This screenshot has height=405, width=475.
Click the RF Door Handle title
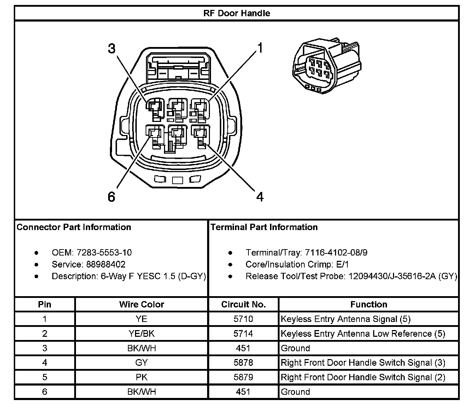pyautogui.click(x=237, y=13)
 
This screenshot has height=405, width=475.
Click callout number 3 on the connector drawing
pyautogui.click(x=112, y=49)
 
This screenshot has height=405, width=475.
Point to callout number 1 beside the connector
pyautogui.click(x=260, y=48)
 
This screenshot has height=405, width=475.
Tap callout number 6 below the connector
pyautogui.click(x=111, y=197)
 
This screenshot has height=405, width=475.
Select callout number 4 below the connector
pyautogui.click(x=260, y=196)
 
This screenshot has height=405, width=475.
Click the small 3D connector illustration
pyautogui.click(x=327, y=67)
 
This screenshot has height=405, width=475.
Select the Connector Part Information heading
pyautogui.click(x=74, y=227)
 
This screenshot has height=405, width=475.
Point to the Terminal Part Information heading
pyautogui.click(x=264, y=227)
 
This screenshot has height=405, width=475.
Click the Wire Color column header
pyautogui.click(x=141, y=304)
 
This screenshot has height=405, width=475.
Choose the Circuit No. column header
pyautogui.click(x=243, y=304)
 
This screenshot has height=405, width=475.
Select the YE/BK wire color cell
pyautogui.click(x=141, y=334)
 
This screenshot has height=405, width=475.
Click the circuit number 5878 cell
pyautogui.click(x=243, y=363)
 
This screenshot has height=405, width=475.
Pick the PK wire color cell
pyautogui.click(x=141, y=377)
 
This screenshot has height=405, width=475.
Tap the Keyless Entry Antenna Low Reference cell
pyautogui.click(x=363, y=334)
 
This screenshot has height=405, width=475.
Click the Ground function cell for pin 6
pyautogui.click(x=295, y=392)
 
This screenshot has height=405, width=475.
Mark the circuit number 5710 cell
pyautogui.click(x=243, y=319)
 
